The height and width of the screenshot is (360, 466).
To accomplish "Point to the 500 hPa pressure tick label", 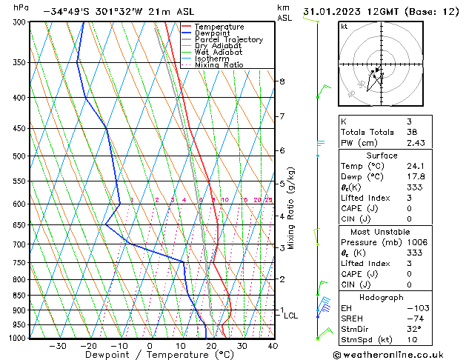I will [16, 156].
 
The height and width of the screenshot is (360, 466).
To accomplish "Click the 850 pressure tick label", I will [16, 296].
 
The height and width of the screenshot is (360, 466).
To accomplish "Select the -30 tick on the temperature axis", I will [57, 345].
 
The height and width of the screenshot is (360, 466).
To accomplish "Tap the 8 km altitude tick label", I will [282, 81].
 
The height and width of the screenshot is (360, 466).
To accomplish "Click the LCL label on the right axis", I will [291, 316].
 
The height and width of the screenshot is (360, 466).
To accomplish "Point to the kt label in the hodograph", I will [344, 26].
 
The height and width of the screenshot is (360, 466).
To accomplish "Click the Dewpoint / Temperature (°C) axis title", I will [149, 355].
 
